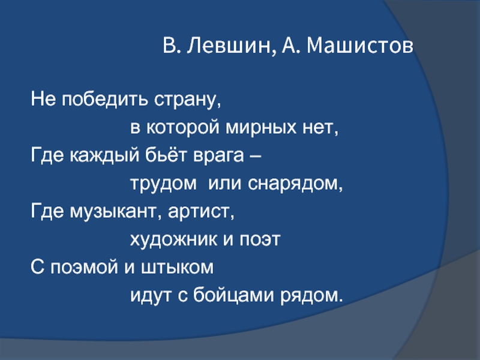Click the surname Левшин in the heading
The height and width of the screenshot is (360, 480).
[230, 46]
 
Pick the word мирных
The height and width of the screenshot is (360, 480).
[261, 127]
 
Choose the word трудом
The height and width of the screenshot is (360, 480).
[163, 184]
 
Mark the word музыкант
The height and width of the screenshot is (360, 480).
[113, 212]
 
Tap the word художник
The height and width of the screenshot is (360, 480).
[174, 240]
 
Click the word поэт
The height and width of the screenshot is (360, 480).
[260, 240]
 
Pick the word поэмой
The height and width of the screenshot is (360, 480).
[84, 268]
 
